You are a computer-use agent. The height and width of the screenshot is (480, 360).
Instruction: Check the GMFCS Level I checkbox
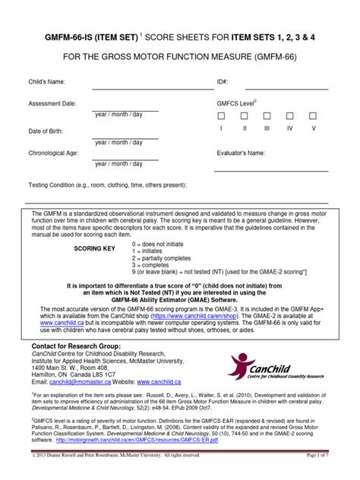coord(222,116)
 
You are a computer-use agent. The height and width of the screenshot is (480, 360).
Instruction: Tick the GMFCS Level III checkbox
coord(267,116)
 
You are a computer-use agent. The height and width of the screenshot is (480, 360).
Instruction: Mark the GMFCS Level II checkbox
coord(245,116)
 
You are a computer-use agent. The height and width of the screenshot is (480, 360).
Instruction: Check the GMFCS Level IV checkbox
coord(289,116)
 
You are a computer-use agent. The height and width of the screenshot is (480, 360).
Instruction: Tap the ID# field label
coord(222,81)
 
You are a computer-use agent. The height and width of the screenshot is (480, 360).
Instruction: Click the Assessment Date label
coord(52,103)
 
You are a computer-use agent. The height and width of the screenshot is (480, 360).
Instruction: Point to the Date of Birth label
coord(46,131)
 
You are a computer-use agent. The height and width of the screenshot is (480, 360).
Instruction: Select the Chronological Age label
coord(54,153)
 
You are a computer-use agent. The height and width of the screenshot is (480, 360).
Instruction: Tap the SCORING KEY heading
coord(94,248)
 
